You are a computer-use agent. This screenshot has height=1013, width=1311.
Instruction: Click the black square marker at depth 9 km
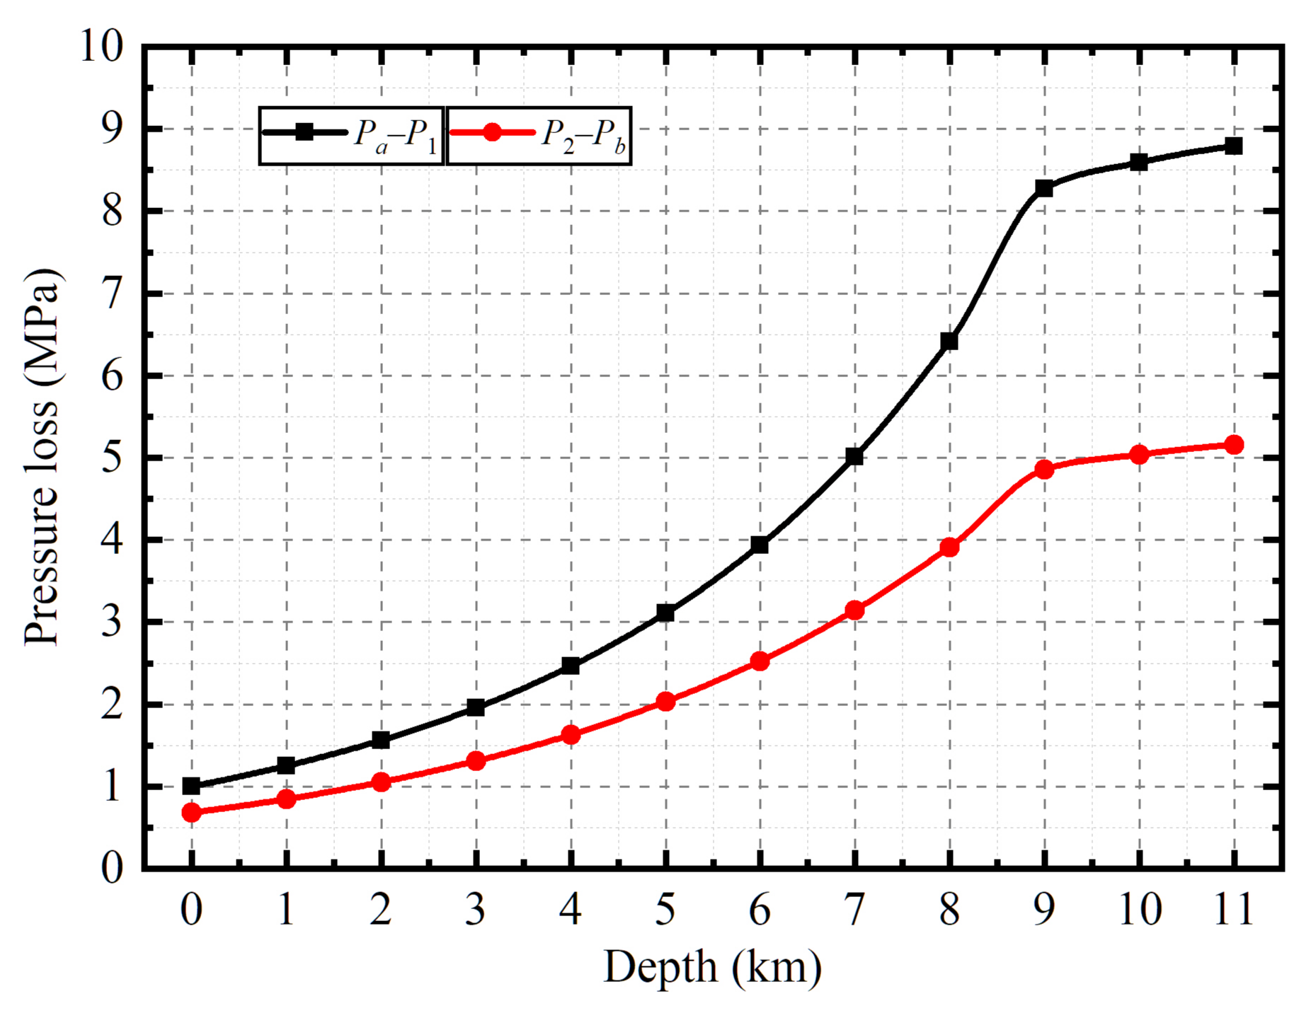(x=1044, y=188)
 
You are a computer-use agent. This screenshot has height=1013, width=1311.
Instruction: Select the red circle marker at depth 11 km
(x=1234, y=444)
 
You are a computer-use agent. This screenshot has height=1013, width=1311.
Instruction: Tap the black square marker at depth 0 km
(x=191, y=786)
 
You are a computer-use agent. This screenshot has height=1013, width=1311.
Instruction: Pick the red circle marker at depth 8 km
(x=949, y=547)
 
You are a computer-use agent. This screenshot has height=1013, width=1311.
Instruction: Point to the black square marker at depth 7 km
(x=854, y=456)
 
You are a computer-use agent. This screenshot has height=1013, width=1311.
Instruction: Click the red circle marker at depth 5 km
(x=665, y=702)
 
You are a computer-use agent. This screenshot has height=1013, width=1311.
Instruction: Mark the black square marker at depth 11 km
(x=1234, y=146)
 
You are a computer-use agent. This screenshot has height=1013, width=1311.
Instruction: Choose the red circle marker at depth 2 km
(x=381, y=782)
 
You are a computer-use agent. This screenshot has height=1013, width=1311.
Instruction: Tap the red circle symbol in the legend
(x=493, y=132)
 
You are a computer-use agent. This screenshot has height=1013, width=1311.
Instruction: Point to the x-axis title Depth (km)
(x=712, y=967)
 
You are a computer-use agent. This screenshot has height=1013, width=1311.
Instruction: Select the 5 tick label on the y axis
(x=112, y=458)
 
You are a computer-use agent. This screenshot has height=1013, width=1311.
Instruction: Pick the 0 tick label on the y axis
(x=112, y=868)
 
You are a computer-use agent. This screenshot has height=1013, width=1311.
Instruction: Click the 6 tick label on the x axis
(x=760, y=910)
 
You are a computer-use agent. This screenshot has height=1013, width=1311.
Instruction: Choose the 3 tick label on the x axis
(x=476, y=910)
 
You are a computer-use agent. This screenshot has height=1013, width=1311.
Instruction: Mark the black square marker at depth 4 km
(x=571, y=666)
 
